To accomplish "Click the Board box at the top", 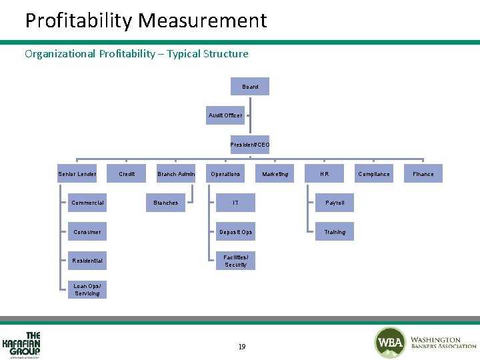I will pos(250,87).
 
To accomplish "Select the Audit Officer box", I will pos(225,115).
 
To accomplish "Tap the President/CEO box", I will pos(250,145).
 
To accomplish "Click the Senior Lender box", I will pos(77,174).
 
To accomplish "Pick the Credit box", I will pos(127,174).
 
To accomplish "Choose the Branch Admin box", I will pos(176,174).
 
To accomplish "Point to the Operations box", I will pos(225,174).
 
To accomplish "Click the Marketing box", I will pos(275,174).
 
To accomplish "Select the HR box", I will pos(324,174).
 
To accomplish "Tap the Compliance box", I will pos(373,174).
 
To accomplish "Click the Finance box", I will pos(423,174).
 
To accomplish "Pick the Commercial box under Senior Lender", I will pos(87,203).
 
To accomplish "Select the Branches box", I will pos(166,203).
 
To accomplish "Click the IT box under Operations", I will pos(235,203).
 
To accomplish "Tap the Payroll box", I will pos(335,203).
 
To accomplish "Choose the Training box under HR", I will pos(335,232).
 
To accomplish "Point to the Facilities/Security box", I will pos(235,261).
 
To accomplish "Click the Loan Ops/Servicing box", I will pos(87,289).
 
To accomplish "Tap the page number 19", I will pos(241,347).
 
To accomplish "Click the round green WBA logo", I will pos(389,343).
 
